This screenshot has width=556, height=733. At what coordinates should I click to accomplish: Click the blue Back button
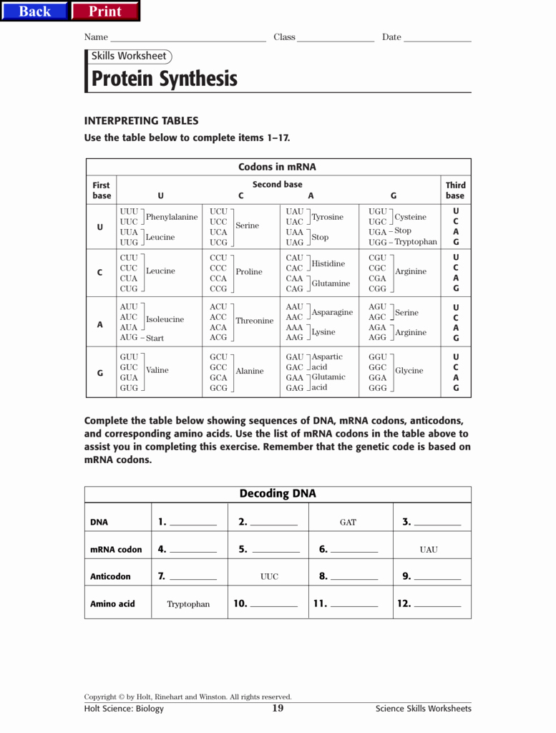pyautogui.click(x=34, y=11)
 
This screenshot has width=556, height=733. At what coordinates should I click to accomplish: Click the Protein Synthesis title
pyautogui.click(x=164, y=79)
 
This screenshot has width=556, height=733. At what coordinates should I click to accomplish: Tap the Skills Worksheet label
pyautogui.click(x=129, y=57)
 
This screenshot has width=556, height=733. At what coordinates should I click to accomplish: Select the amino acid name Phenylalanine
pyautogui.click(x=172, y=217)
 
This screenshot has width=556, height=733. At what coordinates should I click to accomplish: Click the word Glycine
pyautogui.click(x=409, y=371)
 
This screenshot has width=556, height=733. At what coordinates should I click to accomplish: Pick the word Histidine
pyautogui.click(x=328, y=263)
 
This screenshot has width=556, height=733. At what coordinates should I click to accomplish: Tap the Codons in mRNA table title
pyautogui.click(x=277, y=168)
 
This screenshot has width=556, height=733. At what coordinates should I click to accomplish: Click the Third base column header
pyautogui.click(x=455, y=190)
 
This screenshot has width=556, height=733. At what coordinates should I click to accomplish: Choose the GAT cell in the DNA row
pyautogui.click(x=348, y=523)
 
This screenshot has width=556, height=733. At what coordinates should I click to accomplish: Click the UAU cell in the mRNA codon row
pyautogui.click(x=429, y=550)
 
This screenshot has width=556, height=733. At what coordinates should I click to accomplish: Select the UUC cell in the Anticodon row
pyautogui.click(x=269, y=576)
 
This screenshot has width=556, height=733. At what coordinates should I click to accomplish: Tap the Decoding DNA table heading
pyautogui.click(x=278, y=494)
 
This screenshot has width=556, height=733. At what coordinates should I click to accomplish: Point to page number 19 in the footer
pyautogui.click(x=278, y=709)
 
